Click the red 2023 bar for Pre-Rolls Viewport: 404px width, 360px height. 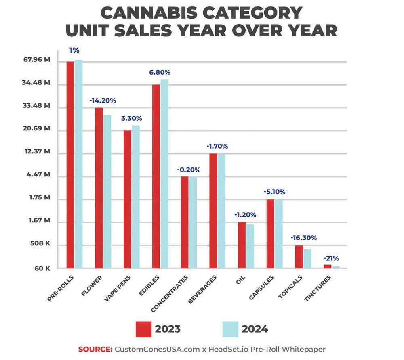tap(70, 165)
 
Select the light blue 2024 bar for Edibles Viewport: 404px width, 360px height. tap(164, 174)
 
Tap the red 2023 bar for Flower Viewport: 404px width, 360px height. tap(99, 188)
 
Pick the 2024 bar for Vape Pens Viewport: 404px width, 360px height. tap(136, 197)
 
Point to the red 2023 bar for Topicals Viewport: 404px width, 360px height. tap(299, 257)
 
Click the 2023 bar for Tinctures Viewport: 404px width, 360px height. tap(327, 266)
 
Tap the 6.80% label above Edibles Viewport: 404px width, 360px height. tap(160, 73)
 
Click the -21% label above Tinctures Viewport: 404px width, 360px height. tap(331, 258)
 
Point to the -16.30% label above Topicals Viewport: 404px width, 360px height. tap(303, 238)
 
